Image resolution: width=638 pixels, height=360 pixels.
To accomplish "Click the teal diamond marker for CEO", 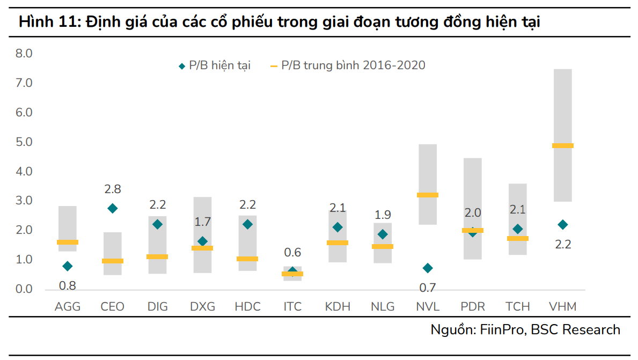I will point(112,208).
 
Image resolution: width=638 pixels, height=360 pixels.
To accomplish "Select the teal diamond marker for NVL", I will point(428,268).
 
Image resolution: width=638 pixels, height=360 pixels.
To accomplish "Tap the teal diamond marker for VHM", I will point(562,224).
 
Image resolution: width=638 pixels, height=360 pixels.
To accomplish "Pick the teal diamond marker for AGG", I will point(67,266).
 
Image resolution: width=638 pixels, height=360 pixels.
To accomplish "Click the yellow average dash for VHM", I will point(562,145).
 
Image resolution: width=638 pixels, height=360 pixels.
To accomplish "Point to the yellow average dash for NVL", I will point(428,195).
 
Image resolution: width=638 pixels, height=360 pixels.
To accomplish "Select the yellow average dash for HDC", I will point(247,259).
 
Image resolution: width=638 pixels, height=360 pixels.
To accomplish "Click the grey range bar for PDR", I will point(472,188).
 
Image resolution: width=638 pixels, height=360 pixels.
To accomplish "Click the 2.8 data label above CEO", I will point(112,189).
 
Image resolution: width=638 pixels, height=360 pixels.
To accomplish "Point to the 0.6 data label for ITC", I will point(292,252).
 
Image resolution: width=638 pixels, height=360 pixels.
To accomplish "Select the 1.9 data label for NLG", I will point(383,215).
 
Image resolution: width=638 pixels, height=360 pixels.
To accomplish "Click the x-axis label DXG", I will point(202,307).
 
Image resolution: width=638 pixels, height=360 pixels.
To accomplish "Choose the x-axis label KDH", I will point(338,307).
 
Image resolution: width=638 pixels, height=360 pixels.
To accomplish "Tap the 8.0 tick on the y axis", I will point(24,54).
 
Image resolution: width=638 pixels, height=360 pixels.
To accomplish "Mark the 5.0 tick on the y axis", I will point(24,142).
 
